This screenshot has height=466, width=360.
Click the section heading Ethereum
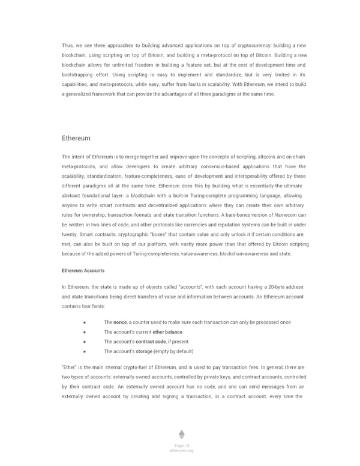coord(76,138)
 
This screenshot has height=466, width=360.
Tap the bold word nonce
coord(121,322)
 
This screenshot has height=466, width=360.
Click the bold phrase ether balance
coord(167,332)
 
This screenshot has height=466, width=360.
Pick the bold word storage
coord(144,351)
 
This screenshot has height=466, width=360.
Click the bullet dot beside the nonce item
coord(85,322)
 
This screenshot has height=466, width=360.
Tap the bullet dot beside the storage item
coord(85,351)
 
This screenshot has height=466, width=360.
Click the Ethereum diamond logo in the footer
coord(181,434)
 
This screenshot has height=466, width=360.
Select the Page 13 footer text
coord(181,445)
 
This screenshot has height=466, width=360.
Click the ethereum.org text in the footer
coord(181,450)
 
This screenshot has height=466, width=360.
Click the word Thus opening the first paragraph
coord(68,46)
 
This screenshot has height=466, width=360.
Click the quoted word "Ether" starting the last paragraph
coord(70,367)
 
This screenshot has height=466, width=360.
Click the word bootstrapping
coord(82,74)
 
